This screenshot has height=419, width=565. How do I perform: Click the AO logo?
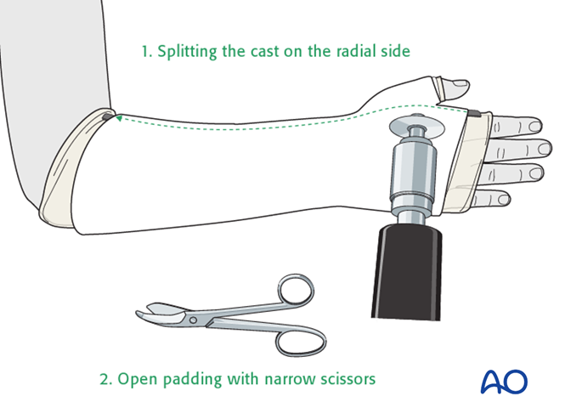503,381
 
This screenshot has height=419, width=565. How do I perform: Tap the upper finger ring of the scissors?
293,292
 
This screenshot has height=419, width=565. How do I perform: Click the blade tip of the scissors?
138,313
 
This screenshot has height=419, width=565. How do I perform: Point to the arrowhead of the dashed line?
119,120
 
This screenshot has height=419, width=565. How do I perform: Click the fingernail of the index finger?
534,127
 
